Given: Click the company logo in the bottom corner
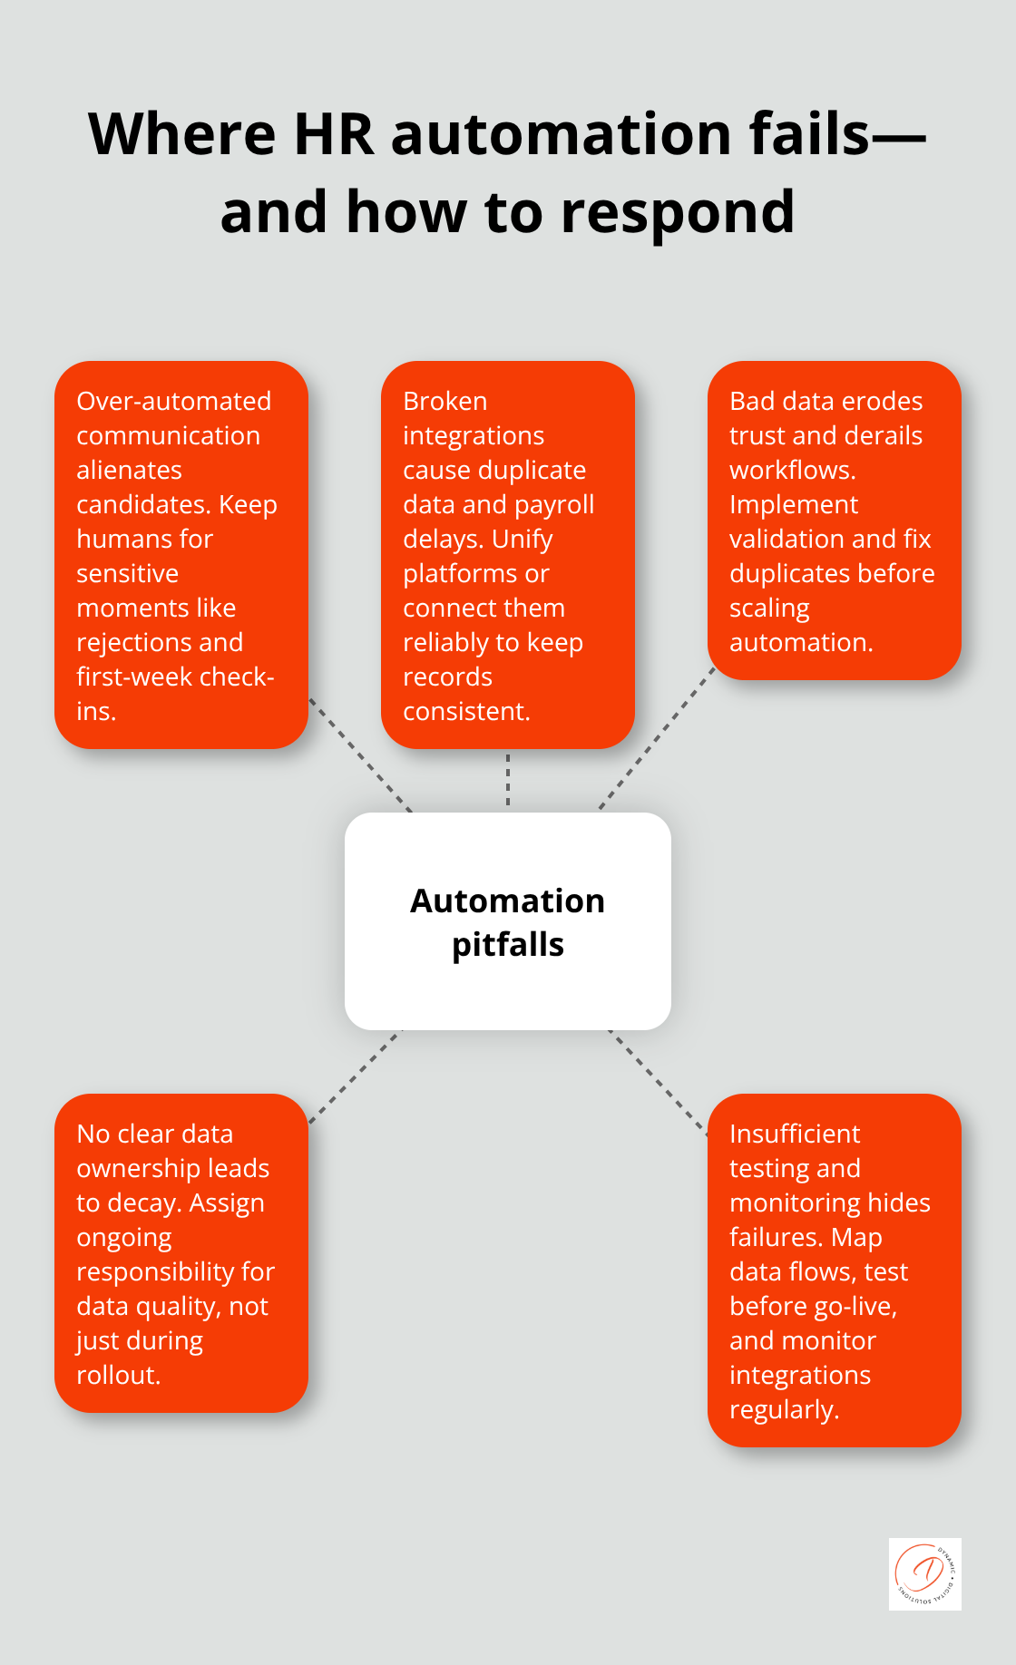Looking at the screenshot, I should [924, 1573].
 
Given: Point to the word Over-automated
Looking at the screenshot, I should [173, 401].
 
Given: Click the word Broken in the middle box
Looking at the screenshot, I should [444, 401].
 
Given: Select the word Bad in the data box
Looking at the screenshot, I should [751, 401].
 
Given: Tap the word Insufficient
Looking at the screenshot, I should [795, 1134].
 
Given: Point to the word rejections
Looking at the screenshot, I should [133, 642].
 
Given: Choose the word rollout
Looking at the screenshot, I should [118, 1375].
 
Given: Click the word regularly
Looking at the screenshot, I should [784, 1409].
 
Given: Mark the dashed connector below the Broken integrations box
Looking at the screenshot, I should [508, 780].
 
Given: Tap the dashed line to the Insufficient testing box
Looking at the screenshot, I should [658, 1081].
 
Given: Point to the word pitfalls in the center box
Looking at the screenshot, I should [508, 945].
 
